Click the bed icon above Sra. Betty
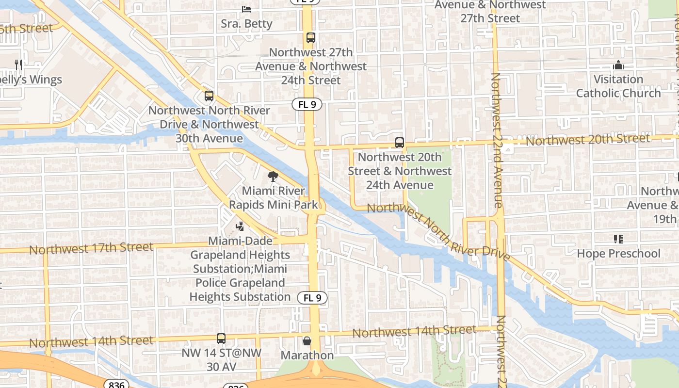click(x=246, y=9)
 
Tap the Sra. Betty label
click(x=246, y=24)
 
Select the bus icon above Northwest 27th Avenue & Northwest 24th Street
click(x=311, y=38)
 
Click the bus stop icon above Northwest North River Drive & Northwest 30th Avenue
click(x=209, y=96)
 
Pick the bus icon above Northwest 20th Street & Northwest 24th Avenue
click(x=400, y=143)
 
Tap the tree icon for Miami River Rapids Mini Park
click(x=273, y=177)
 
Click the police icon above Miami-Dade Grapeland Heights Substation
click(x=240, y=226)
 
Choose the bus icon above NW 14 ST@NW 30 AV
click(x=221, y=339)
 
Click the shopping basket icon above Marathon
click(x=307, y=341)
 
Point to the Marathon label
click(x=307, y=356)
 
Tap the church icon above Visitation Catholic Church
click(x=618, y=65)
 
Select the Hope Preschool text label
click(x=618, y=254)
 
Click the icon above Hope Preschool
click(x=618, y=239)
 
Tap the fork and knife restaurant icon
click(x=18, y=65)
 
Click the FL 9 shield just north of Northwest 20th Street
click(x=307, y=104)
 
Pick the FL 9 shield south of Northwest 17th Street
click(x=312, y=298)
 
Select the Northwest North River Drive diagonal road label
click(x=438, y=231)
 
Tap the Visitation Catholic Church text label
click(x=618, y=86)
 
